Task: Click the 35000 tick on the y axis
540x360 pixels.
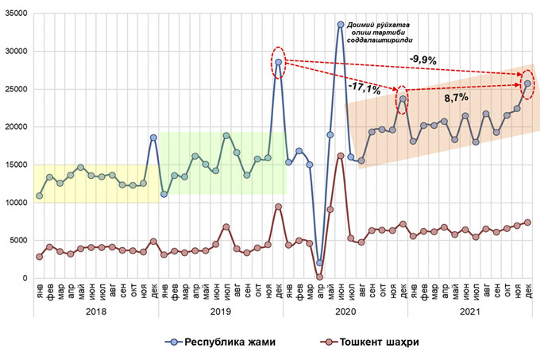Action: click(16, 14)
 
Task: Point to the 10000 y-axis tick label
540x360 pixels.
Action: click(16, 203)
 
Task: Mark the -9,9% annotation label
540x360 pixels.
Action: click(422, 59)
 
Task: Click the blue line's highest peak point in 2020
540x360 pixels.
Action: click(340, 25)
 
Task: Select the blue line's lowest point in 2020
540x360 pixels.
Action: click(319, 262)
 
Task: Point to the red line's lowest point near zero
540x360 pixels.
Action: click(319, 277)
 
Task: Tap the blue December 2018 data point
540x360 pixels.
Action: click(153, 137)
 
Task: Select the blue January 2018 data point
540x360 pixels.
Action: click(39, 195)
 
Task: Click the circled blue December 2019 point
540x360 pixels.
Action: click(278, 61)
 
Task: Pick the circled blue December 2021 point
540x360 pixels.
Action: click(527, 83)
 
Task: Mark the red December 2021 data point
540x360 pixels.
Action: click(527, 222)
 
